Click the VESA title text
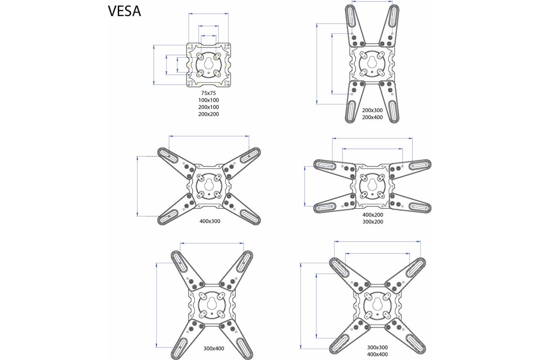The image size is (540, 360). point(124,11)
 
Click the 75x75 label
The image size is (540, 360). point(208,93)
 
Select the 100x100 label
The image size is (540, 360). point(208,100)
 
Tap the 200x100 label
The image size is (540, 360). point(208,107)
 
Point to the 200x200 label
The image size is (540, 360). point(208,114)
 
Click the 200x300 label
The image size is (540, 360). point(372,110)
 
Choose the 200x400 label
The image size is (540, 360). point(372,117)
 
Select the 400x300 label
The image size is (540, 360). point(210,221)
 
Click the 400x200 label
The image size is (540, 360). point(373,215)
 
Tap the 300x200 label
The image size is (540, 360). point(373,221)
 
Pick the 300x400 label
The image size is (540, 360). point(214,348)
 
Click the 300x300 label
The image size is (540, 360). point(378,347)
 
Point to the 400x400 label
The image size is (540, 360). point(378,354)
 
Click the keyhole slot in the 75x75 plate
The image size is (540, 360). point(208,63)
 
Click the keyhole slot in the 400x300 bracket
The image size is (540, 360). point(209,185)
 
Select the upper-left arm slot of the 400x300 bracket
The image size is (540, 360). point(168,154)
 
